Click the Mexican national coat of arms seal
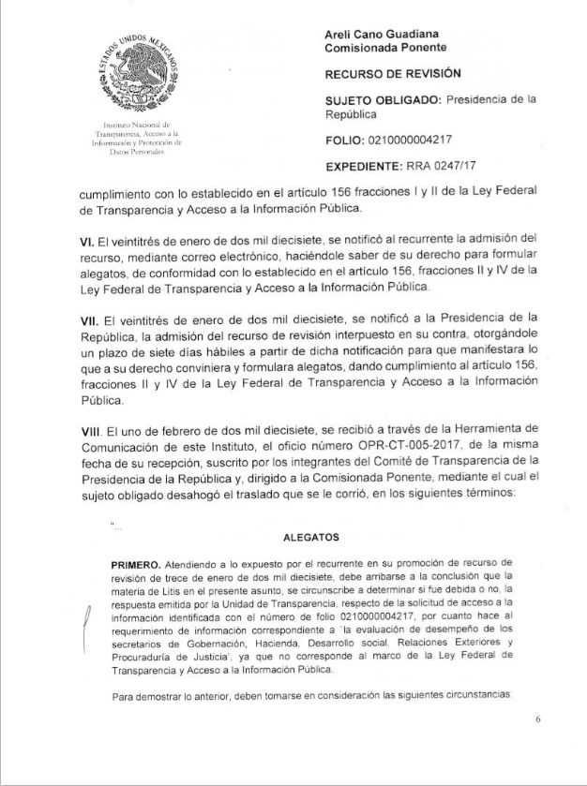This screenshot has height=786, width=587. point(139,72)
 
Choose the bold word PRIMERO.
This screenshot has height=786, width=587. point(135,567)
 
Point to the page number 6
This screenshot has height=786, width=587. point(538,719)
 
